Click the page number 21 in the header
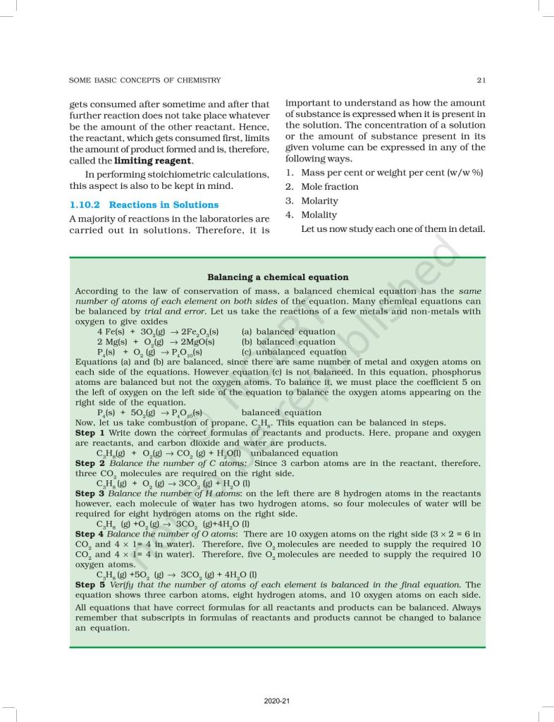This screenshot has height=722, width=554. [481, 80]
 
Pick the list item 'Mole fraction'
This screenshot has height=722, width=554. [329, 187]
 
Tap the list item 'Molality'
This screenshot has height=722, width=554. [319, 215]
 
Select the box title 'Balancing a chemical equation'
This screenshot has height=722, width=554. [278, 277]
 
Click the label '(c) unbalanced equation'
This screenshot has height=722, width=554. [294, 352]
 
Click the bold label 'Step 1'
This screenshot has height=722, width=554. [90, 432]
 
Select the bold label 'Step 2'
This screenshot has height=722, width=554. [90, 463]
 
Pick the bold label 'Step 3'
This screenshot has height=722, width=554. [90, 494]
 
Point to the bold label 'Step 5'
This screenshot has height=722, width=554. [90, 585]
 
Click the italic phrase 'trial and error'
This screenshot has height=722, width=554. [162, 311]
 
